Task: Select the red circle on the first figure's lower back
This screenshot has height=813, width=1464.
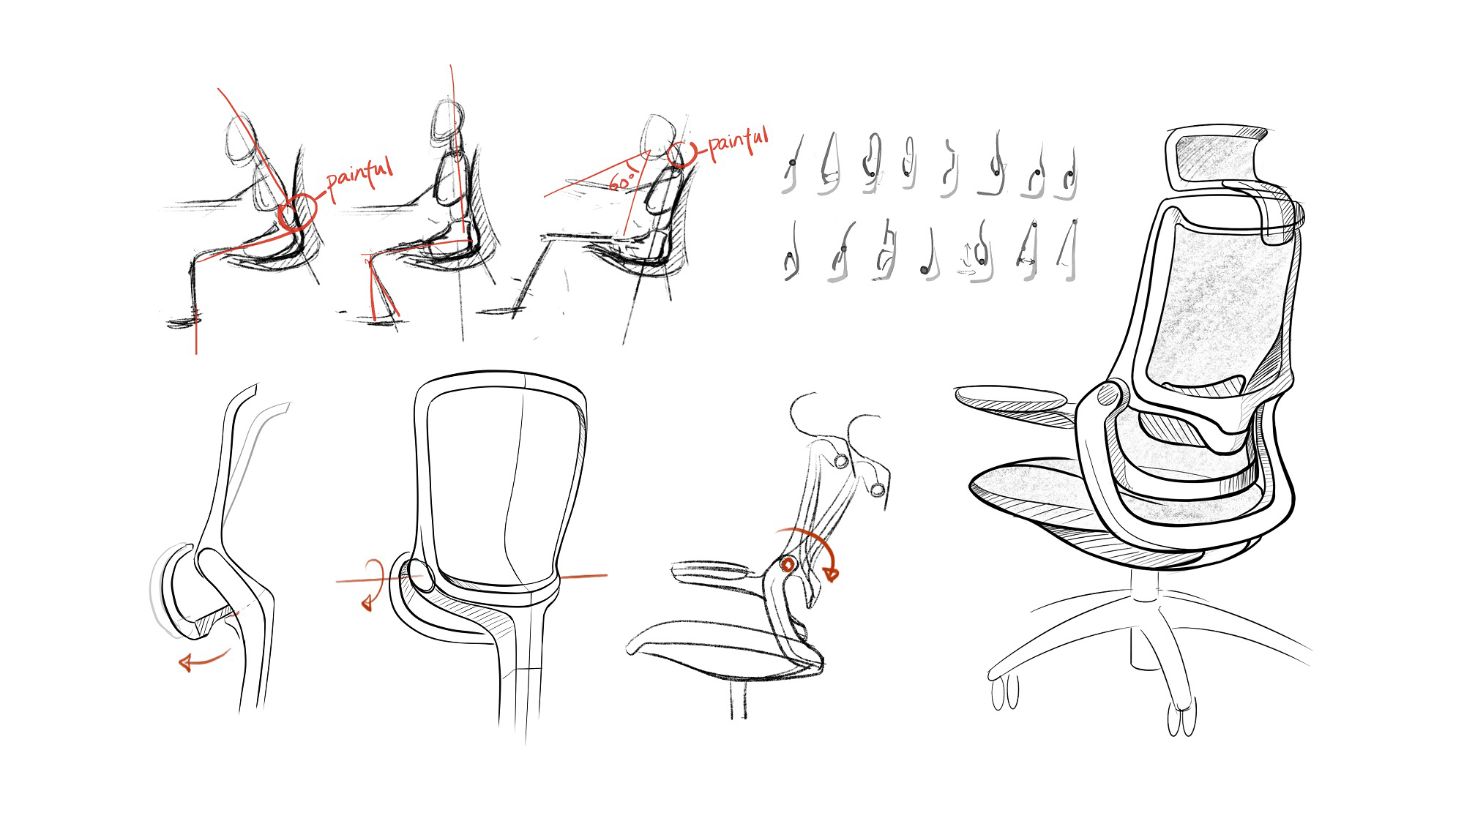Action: pyautogui.click(x=297, y=211)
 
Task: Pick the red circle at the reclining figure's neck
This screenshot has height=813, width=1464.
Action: pyautogui.click(x=681, y=154)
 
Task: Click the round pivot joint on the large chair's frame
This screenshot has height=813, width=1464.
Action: pyautogui.click(x=1109, y=395)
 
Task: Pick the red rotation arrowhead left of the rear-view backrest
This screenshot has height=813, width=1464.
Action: pyautogui.click(x=367, y=603)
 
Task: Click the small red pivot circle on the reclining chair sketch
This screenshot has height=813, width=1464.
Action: pyautogui.click(x=788, y=564)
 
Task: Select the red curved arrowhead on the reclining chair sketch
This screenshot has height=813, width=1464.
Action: pyautogui.click(x=831, y=574)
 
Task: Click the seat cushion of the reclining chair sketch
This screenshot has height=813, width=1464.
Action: pyautogui.click(x=725, y=648)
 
